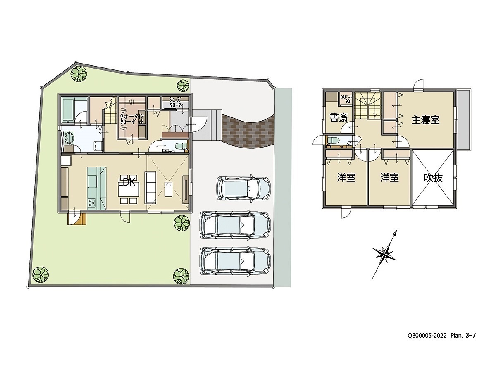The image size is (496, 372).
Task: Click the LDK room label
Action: [x=127, y=182]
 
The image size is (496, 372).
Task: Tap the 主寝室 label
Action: [x=425, y=120]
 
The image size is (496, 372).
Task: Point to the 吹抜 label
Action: [x=433, y=178]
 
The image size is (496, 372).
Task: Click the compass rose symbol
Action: [x=385, y=254]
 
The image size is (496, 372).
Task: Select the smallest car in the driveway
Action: [x=244, y=188]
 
